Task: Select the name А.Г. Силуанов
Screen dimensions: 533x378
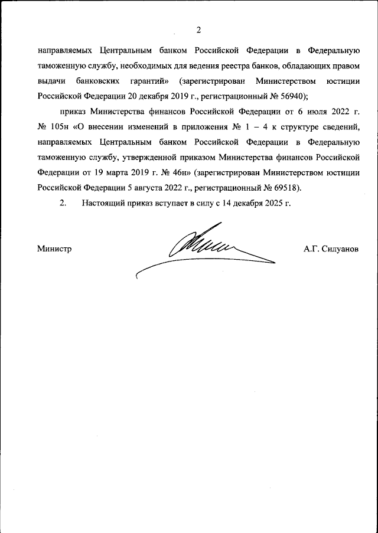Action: click(x=331, y=249)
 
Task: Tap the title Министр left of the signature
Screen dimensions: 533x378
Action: click(x=54, y=249)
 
